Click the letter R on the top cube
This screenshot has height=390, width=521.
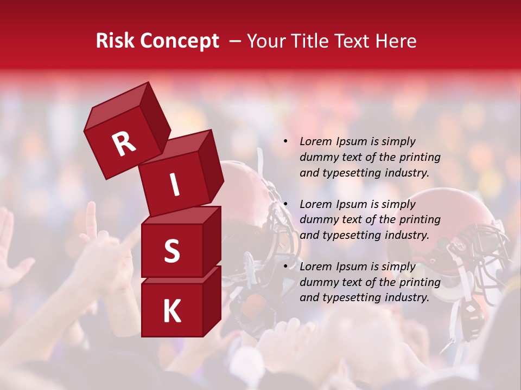click(124, 144)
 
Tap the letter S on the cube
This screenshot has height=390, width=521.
click(171, 251)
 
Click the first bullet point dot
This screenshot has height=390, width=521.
click(285, 142)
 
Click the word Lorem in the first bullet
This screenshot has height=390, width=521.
click(315, 142)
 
